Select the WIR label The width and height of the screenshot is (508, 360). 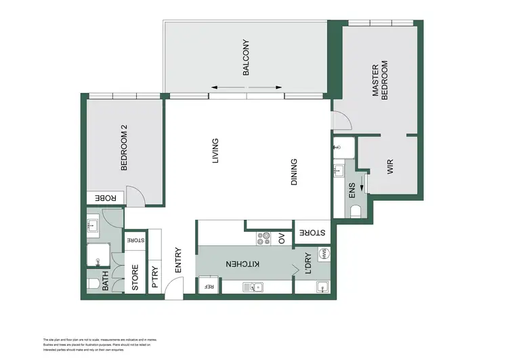click(391, 168)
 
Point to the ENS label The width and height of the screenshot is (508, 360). click(352, 191)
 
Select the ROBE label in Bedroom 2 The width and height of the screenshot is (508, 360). click(105, 198)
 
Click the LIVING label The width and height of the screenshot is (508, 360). click(215, 151)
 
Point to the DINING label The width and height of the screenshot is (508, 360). click(293, 173)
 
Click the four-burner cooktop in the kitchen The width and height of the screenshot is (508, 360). click(263, 239)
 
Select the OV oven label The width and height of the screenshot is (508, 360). click(282, 239)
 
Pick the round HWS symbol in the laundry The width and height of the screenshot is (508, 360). click(325, 254)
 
